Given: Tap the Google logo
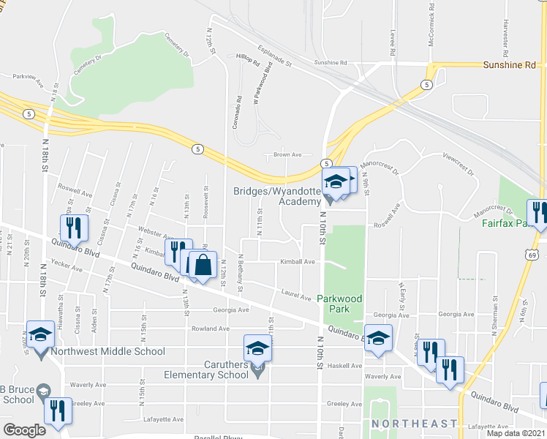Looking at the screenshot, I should [24, 430].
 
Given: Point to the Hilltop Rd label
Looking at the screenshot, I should [249, 56].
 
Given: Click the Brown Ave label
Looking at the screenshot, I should [287, 155].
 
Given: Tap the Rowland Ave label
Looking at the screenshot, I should [211, 329].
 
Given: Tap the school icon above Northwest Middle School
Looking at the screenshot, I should [41, 334].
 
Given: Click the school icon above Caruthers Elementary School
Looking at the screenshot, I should [257, 348].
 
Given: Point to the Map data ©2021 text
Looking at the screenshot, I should [513, 433].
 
